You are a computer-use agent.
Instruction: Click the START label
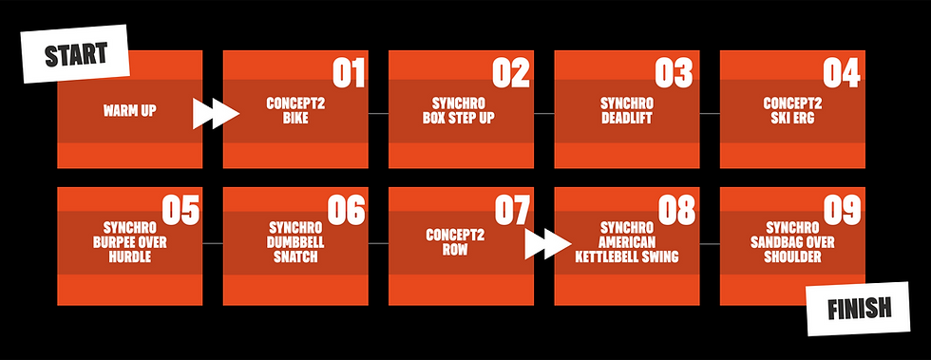pyautogui.click(x=77, y=54)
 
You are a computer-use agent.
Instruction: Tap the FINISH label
pyautogui.click(x=858, y=308)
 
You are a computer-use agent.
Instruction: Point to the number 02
pyautogui.click(x=512, y=73)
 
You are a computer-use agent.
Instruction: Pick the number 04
pyautogui.click(x=842, y=73)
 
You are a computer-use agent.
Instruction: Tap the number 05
pyautogui.click(x=180, y=210)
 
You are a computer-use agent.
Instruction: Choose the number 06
pyautogui.click(x=347, y=210)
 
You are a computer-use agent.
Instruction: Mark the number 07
pyautogui.click(x=512, y=210)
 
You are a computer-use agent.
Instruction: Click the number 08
pyautogui.click(x=677, y=210)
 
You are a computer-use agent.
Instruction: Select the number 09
pyautogui.click(x=842, y=210)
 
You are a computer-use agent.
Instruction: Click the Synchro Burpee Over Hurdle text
pyautogui.click(x=129, y=242)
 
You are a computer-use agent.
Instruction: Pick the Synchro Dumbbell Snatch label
pyautogui.click(x=295, y=242)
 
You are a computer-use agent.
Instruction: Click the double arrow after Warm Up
pyautogui.click(x=216, y=113)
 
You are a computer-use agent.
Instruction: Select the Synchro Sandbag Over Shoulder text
pyautogui.click(x=791, y=242)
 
